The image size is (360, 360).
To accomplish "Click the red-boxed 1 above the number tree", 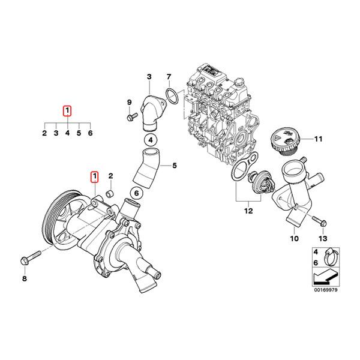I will [67, 110].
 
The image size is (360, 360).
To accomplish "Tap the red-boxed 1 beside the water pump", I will [94, 176].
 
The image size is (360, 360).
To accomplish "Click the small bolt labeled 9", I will [130, 118].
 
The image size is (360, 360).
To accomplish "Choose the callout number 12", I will [248, 211].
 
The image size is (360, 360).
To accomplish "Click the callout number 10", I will [294, 239].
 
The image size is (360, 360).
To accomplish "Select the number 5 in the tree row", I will [79, 134].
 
